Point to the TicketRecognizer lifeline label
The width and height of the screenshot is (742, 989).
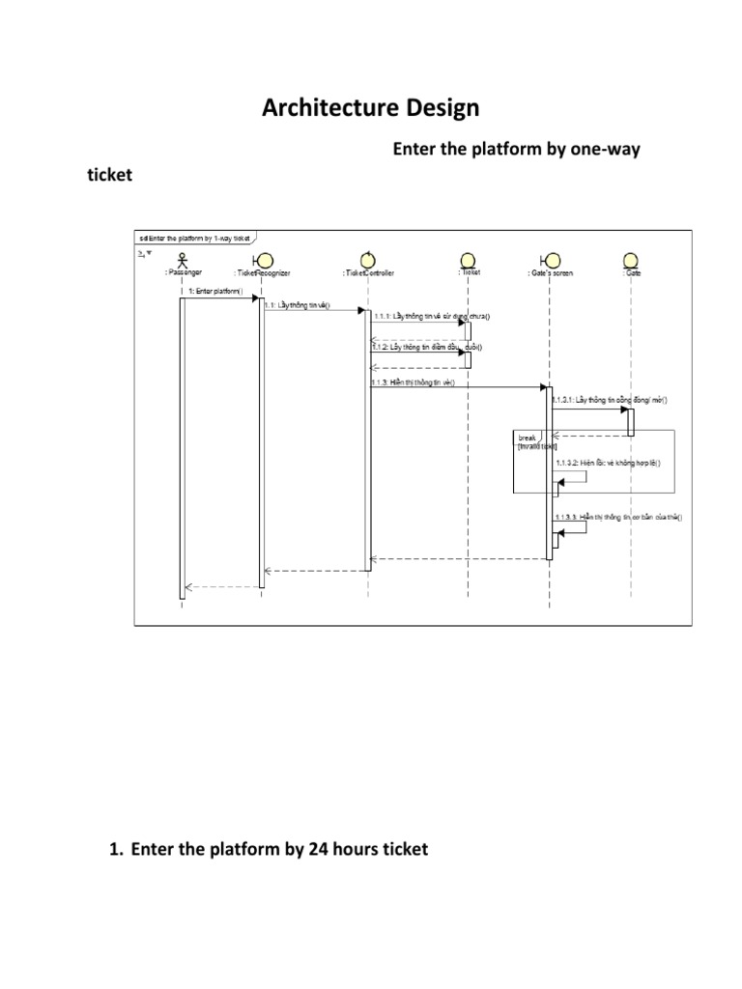(x=262, y=273)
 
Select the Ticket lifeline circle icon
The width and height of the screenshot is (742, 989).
(x=470, y=259)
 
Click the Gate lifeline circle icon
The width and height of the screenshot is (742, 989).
(x=631, y=259)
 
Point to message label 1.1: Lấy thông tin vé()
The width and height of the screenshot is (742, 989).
(x=297, y=306)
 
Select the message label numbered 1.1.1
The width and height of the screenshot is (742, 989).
(x=432, y=316)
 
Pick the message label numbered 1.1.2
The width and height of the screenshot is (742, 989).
(x=426, y=347)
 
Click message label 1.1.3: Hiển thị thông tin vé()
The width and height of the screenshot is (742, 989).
(x=412, y=381)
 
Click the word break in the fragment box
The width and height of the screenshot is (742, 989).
(x=527, y=437)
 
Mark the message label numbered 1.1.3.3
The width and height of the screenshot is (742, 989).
(x=618, y=518)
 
